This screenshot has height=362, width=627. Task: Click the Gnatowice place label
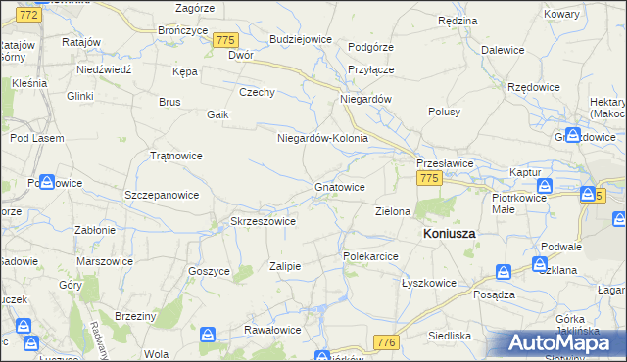click(340, 187)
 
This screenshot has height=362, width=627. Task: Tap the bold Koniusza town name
click(449, 235)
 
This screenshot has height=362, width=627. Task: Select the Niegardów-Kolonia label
click(322, 138)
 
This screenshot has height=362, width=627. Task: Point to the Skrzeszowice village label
click(263, 222)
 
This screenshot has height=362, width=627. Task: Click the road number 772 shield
click(30, 16)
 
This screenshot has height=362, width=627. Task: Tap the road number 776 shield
click(387, 341)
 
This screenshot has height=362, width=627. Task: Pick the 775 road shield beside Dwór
click(226, 40)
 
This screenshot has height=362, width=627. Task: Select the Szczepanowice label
click(162, 195)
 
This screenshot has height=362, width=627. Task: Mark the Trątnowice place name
click(175, 156)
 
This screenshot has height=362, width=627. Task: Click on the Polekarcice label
click(369, 256)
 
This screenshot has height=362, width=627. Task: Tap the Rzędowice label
click(534, 87)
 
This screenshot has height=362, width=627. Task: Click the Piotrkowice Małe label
click(516, 203)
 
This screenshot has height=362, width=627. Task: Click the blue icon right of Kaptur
click(546, 185)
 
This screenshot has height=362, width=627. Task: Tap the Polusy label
click(444, 112)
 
